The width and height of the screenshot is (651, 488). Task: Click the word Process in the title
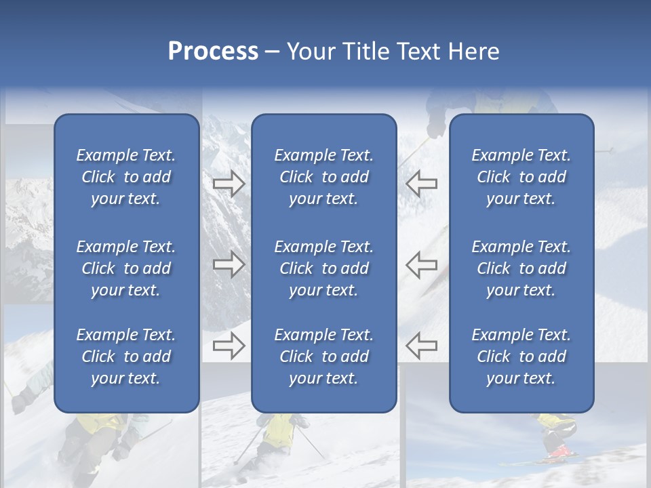coord(213,52)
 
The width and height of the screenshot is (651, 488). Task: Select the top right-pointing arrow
coord(229,184)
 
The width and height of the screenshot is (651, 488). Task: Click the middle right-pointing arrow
coord(229,264)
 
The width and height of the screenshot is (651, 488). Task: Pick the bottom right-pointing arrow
coord(229,346)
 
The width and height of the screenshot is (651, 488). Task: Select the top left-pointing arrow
coord(421,184)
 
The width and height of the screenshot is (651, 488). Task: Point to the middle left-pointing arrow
coord(421,264)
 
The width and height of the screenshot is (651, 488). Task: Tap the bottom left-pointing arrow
coord(421,346)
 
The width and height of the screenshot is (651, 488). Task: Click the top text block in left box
coord(126,177)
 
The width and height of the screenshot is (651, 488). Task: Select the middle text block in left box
coord(126,268)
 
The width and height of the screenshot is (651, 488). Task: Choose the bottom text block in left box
coord(126,357)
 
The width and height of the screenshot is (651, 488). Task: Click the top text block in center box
coord(323,177)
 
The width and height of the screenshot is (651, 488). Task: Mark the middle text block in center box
coord(323,268)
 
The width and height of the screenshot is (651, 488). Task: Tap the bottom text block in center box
coord(323,357)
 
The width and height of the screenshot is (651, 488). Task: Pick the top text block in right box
coord(521,177)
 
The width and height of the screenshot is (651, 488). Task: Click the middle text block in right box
coord(521,268)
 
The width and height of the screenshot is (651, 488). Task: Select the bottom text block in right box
coord(521,357)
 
